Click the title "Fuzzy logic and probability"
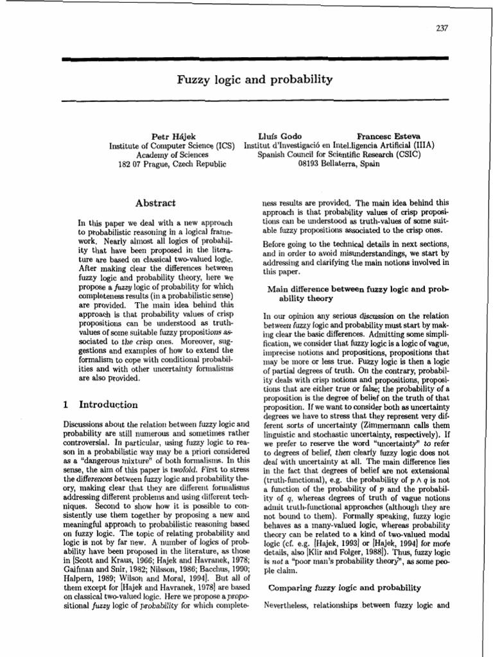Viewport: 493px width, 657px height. [255, 80]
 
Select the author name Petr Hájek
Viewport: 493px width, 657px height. [169, 136]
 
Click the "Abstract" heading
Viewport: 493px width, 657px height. [155, 203]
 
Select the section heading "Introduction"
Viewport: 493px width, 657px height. [108, 405]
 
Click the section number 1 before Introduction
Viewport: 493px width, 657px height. [66, 405]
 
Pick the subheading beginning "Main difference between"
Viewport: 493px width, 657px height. [358, 289]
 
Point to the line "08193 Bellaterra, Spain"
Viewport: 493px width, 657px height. [339, 164]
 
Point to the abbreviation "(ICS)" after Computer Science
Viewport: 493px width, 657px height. [225, 145]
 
